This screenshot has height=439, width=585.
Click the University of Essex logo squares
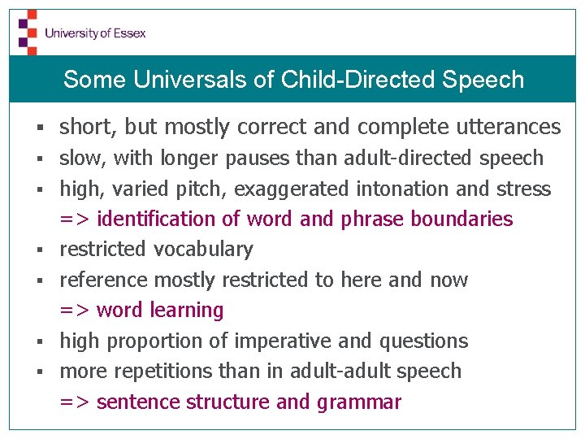click(28, 32)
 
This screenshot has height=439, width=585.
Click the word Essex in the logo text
click(129, 33)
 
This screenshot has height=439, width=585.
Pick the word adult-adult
click(337, 371)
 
